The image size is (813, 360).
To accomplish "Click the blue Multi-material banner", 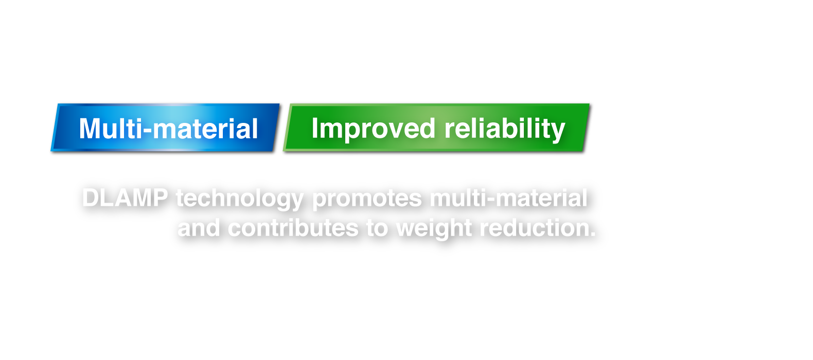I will (165, 128).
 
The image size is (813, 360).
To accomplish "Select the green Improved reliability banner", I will (436, 128).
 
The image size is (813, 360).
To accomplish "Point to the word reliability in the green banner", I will (505, 129).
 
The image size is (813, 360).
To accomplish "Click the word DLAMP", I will (125, 198).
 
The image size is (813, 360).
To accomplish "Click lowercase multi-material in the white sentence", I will (508, 198).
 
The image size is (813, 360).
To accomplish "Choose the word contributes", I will (293, 228).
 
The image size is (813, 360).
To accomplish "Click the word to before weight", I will (377, 228).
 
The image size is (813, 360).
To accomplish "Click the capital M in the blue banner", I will (90, 129).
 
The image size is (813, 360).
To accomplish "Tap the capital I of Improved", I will (315, 128).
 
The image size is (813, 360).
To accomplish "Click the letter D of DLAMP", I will (91, 198).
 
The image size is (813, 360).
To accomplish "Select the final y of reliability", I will (559, 131).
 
